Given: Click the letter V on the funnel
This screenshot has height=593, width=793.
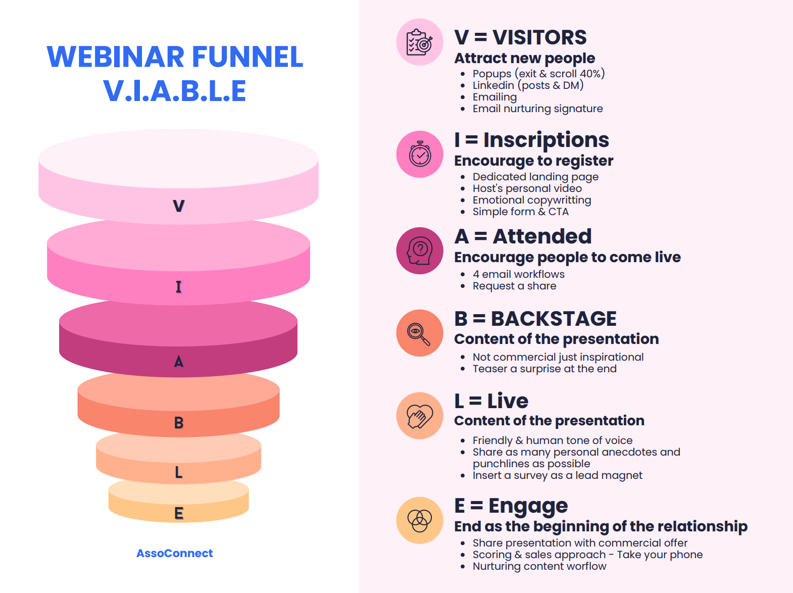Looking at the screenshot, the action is click(x=179, y=206).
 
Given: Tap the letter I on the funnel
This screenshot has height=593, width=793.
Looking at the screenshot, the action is click(x=178, y=287).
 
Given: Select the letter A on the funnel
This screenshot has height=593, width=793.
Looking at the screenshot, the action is click(x=178, y=362).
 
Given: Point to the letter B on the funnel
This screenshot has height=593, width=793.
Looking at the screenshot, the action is click(x=178, y=423).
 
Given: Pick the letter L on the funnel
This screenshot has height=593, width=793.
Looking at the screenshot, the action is click(x=178, y=472).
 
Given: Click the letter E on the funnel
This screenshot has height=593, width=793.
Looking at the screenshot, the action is click(x=178, y=513).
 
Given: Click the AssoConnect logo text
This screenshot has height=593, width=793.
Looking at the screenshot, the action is click(x=174, y=553).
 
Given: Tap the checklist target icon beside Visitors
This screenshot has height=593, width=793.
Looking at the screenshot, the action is click(x=420, y=42).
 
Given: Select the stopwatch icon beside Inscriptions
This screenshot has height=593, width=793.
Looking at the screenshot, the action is click(x=420, y=154).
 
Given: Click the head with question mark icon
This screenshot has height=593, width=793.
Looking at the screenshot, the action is click(x=420, y=251).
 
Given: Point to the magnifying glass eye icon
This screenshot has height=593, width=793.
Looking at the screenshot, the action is click(x=420, y=333).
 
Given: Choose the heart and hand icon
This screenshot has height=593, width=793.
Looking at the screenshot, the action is click(x=420, y=416).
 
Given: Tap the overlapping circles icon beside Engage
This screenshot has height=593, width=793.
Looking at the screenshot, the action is click(x=420, y=520).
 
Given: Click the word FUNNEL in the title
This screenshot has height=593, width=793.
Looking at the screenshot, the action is click(x=247, y=57).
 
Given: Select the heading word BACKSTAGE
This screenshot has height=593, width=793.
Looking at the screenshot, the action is click(x=554, y=319).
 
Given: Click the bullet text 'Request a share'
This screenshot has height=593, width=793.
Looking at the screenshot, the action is click(x=514, y=286).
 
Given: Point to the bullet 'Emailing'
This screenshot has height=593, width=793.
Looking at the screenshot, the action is click(x=494, y=97).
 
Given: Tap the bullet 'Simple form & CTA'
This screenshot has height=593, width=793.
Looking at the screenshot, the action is click(x=520, y=212).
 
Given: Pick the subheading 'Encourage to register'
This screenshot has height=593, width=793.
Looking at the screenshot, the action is click(x=533, y=161).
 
